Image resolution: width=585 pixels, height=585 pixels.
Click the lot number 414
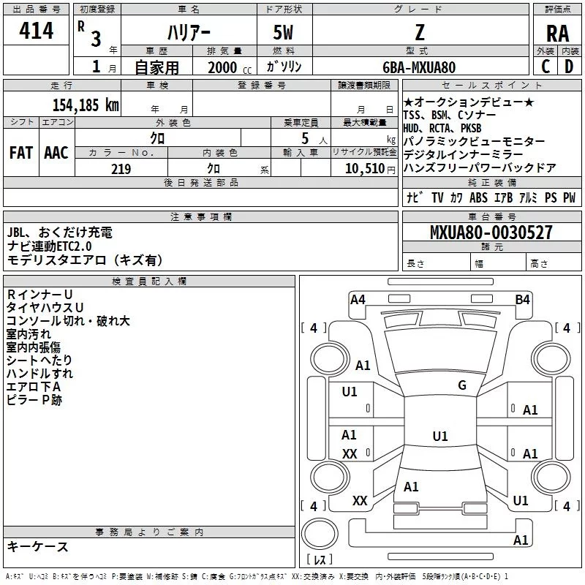(x=36, y=32)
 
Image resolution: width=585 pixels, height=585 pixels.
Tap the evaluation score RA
(x=557, y=34)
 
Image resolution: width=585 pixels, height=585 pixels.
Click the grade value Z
(x=419, y=34)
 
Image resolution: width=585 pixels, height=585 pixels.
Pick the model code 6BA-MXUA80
(x=419, y=67)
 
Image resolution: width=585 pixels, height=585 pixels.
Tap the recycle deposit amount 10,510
(x=363, y=169)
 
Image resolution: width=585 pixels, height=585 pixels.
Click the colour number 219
(x=121, y=169)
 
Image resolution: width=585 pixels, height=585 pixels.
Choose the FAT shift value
(x=20, y=152)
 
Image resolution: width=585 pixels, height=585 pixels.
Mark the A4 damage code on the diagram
(x=358, y=299)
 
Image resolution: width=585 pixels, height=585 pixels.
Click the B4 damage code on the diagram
(x=522, y=299)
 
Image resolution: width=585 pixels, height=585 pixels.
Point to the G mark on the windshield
(x=461, y=385)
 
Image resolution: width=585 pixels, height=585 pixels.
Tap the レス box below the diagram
(x=320, y=559)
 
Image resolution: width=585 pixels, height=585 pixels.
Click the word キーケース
(x=37, y=547)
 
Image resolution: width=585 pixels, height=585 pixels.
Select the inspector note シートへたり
(x=39, y=360)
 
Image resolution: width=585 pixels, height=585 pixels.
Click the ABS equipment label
(x=478, y=197)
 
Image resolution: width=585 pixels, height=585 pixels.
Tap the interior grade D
(x=569, y=67)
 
